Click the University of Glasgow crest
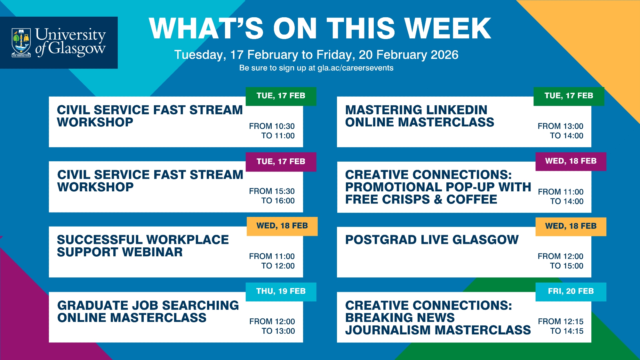(x=21, y=43)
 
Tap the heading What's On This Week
(x=320, y=28)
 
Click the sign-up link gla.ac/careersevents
(x=356, y=68)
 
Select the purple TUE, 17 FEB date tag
(x=281, y=162)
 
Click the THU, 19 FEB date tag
(x=281, y=292)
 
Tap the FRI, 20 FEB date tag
(x=571, y=292)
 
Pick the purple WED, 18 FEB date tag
(x=571, y=161)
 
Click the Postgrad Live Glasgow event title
(x=432, y=240)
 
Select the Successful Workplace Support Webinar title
(x=143, y=246)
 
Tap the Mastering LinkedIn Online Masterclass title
(x=420, y=116)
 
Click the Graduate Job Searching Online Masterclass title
(x=148, y=311)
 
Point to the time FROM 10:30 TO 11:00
(x=272, y=131)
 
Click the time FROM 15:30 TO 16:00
(x=272, y=196)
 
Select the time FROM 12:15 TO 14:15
(x=561, y=326)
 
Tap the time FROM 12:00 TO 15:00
(x=561, y=261)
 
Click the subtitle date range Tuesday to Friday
(x=316, y=55)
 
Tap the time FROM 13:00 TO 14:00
(x=561, y=131)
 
